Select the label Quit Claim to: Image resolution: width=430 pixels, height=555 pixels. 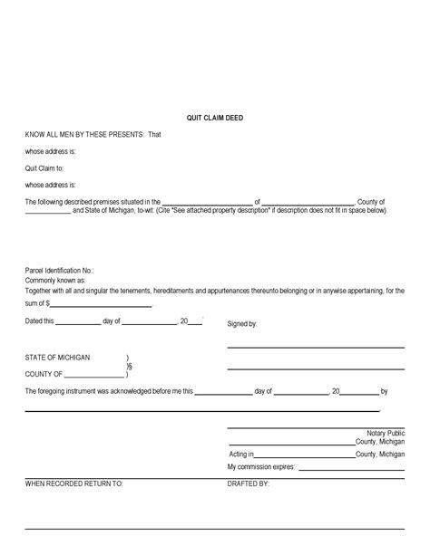(x=44, y=167)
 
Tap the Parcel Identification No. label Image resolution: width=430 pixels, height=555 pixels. (x=59, y=270)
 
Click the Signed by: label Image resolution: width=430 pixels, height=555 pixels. (x=242, y=323)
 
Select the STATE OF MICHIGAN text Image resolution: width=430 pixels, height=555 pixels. (x=58, y=358)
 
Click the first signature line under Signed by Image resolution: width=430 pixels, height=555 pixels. (x=315, y=347)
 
